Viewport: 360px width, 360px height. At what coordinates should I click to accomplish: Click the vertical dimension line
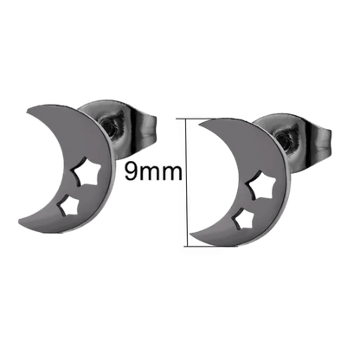coord(188,183)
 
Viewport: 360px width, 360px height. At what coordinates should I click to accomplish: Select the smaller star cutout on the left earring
coord(67,207)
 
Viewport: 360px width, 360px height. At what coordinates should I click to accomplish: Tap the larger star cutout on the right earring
coord(262,185)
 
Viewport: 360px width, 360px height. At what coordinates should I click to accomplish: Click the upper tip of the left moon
coord(27,112)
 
